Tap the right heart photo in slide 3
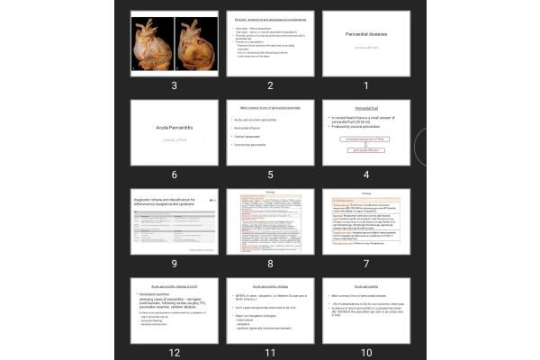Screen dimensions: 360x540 click(195, 43)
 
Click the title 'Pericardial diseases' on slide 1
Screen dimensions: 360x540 click(365, 34)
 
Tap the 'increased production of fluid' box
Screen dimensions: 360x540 click(364, 139)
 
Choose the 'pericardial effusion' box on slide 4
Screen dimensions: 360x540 click(364, 150)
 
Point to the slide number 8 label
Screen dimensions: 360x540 click(269, 263)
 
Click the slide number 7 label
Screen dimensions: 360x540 click(365, 263)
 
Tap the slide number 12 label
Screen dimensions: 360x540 click(173, 351)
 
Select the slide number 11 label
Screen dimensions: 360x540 click(269, 351)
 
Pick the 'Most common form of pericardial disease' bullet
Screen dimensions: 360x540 click(366, 294)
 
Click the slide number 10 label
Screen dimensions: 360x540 click(365, 351)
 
